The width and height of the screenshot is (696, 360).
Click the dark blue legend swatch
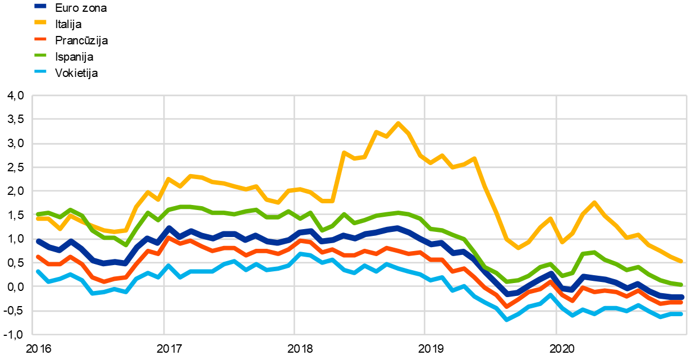pos(40,6)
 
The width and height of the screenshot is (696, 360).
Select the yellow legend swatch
pos(40,22)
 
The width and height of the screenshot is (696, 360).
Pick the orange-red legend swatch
pos(40,39)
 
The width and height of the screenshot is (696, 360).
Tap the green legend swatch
pos(40,55)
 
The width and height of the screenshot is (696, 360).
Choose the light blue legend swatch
pos(40,71)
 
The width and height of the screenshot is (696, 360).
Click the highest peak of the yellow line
pos(398,122)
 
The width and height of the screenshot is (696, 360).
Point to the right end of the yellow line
pos(681,261)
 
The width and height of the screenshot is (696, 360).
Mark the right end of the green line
pos(681,284)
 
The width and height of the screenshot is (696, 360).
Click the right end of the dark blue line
pos(682,297)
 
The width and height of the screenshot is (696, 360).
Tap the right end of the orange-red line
pos(681,302)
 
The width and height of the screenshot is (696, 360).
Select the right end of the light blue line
pos(682,313)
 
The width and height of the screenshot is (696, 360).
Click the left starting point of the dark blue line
pos(38,241)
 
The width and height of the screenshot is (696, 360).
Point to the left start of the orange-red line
pos(38,257)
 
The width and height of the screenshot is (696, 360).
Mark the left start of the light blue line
pos(38,271)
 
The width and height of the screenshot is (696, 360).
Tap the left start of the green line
pos(38,214)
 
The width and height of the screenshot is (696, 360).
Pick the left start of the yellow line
pos(38,218)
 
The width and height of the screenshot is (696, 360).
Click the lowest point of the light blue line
pos(506,320)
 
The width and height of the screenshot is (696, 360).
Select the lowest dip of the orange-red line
pos(506,306)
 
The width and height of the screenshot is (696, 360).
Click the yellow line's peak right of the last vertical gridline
pos(594,202)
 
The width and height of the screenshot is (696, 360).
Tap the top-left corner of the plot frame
pos(33,95)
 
